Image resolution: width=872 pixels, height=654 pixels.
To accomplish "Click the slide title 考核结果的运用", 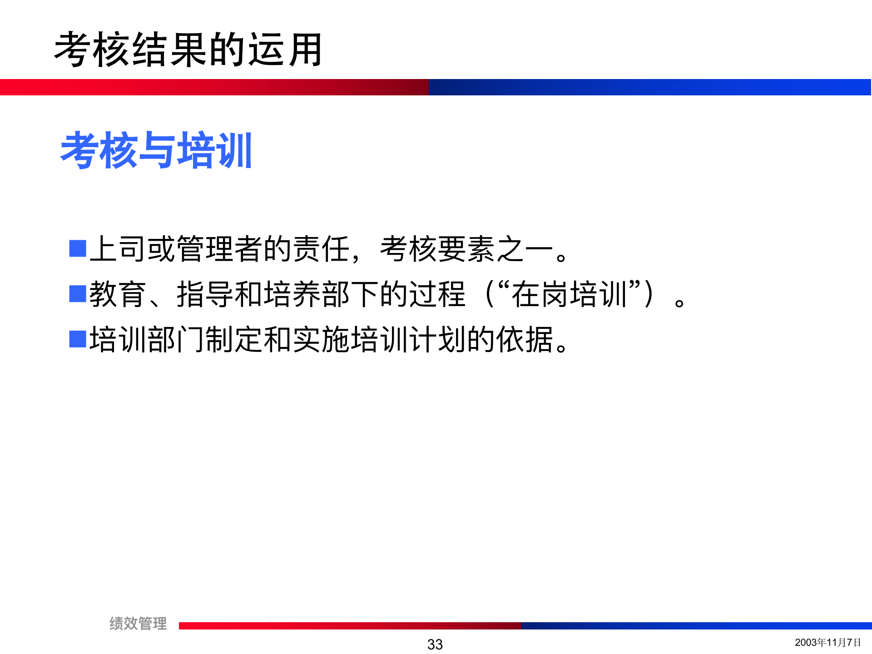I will (188, 50).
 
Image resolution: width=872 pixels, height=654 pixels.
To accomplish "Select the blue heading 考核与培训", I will (156, 150).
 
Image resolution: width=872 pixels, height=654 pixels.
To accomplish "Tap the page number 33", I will (435, 644).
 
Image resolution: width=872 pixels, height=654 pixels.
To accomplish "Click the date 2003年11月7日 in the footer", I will (827, 642).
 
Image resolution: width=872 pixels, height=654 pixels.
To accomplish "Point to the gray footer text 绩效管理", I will (138, 623).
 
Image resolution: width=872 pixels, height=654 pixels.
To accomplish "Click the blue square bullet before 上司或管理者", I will (78, 248).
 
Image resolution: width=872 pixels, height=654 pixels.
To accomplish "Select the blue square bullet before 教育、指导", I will (78, 294).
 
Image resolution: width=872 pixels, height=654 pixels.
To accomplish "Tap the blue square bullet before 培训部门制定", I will (78, 339).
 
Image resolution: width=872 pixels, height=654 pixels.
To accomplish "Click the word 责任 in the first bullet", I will (322, 249).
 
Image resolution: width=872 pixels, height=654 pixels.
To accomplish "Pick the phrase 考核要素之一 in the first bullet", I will (466, 249).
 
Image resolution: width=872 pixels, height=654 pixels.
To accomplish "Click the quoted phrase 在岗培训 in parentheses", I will (570, 294).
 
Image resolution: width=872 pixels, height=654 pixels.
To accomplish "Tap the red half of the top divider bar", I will (213, 87).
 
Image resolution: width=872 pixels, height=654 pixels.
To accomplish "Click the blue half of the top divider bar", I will (649, 87).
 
